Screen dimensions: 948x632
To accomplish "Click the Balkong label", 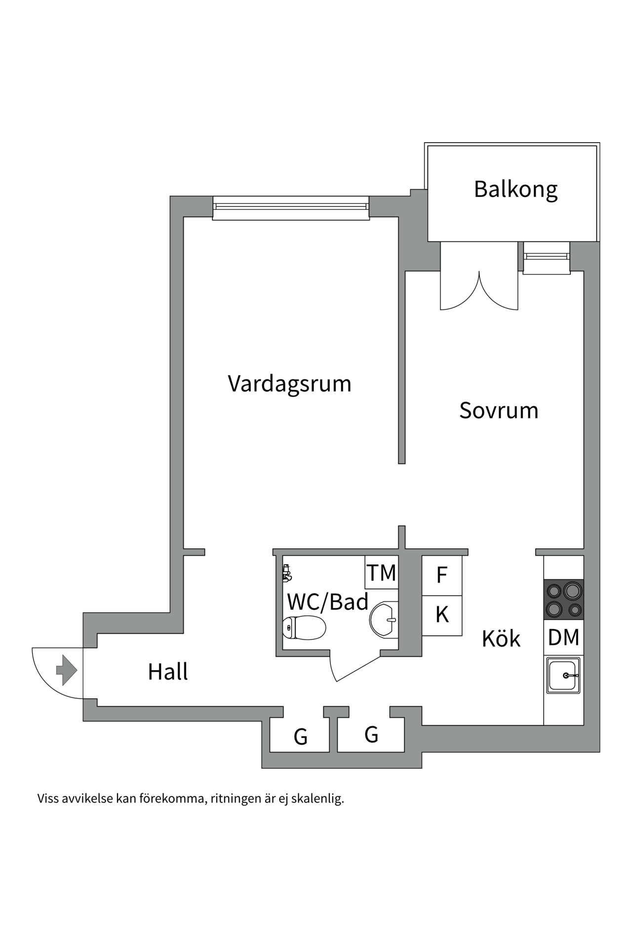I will pos(515,190).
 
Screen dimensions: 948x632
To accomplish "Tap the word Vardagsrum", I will pos(289,384).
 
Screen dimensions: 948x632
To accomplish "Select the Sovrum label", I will pos(499,411).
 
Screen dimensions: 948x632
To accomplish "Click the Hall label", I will pos(168,672).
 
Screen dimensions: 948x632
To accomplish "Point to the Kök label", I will pos(501,639).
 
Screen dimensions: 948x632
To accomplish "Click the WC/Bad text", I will pos(328,602).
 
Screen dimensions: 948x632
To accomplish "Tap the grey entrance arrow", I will pos(67,670).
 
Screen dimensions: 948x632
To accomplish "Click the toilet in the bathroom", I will pos(304,628).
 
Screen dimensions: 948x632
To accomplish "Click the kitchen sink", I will pos(563,675).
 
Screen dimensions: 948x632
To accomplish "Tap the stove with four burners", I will pos(563,599).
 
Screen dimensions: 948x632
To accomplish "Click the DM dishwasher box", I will pos(563,637).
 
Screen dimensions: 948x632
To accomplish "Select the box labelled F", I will pos(442,575).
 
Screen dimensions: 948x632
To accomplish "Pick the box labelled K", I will pos(442,615).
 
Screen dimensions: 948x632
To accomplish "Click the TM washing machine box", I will pos(381,573).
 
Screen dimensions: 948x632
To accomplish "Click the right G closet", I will pos(371,734).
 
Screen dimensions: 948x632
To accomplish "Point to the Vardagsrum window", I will pos(291,208).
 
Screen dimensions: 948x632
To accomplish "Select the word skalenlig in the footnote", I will pos(317,798).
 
